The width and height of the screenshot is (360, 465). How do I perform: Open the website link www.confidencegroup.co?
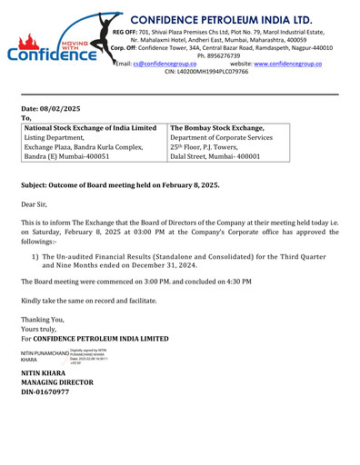(287, 64)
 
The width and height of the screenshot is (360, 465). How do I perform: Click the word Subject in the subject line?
(36, 184)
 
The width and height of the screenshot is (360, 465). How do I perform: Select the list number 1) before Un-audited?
(35, 258)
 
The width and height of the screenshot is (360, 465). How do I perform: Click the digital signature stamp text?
(95, 356)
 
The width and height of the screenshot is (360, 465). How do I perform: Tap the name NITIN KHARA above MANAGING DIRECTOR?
(43, 374)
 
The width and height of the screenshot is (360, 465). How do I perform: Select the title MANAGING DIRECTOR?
(58, 383)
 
